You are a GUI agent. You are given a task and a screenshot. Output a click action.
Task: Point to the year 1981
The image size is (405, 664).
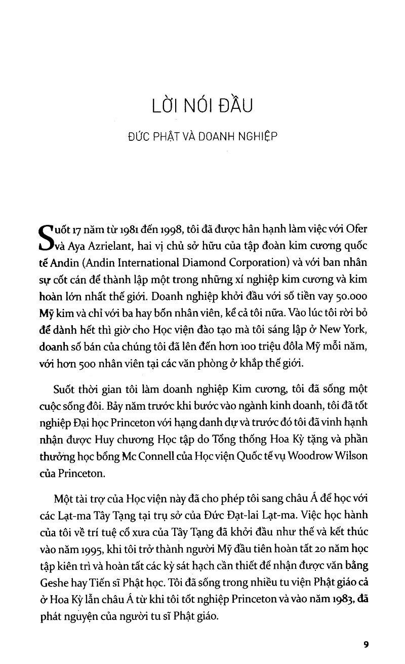(109, 228)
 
